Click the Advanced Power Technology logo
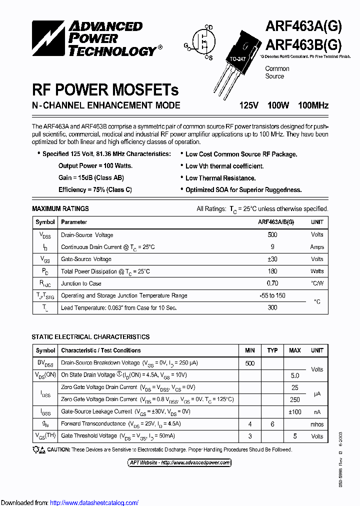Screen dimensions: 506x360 [x=95, y=38]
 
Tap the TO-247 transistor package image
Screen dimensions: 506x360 [x=235, y=60]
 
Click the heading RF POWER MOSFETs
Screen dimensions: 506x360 [x=105, y=90]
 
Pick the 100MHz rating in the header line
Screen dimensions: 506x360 [x=313, y=105]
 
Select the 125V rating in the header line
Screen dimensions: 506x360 [x=248, y=105]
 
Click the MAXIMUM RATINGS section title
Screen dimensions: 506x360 [x=60, y=208]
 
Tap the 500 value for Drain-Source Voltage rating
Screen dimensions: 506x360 [x=272, y=234]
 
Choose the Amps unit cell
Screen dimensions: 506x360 [x=317, y=247]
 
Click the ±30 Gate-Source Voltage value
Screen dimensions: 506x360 [x=272, y=259]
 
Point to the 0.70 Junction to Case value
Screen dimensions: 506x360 [x=272, y=283]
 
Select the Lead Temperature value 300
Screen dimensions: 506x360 [x=272, y=307]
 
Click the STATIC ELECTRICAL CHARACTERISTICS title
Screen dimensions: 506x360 [x=90, y=337]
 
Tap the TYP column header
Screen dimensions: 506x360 [x=272, y=350]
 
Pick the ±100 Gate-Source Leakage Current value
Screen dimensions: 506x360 [x=294, y=411]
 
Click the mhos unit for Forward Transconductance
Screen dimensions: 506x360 [x=317, y=424]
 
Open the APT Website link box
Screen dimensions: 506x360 [x=179, y=462]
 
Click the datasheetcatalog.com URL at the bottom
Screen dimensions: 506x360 [x=94, y=502]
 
